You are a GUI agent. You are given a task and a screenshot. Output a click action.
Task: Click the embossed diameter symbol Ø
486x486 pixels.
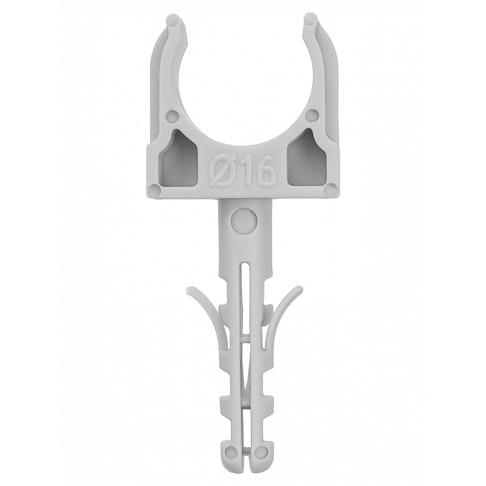(221, 173)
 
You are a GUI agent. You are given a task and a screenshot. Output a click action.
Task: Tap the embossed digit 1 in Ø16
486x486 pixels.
(240, 173)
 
